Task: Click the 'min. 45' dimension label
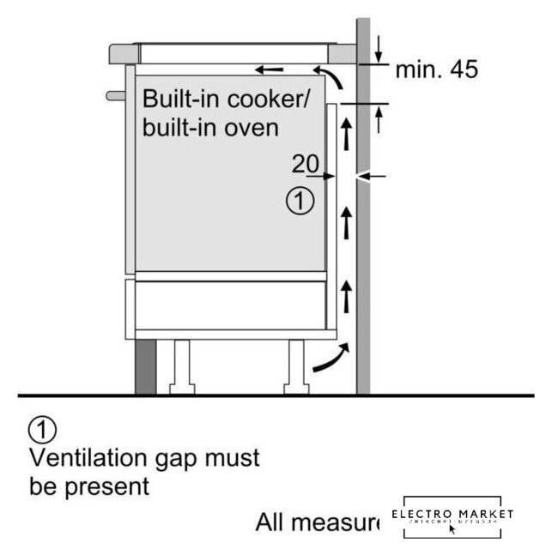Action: click(x=435, y=69)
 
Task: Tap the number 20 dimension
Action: click(x=305, y=163)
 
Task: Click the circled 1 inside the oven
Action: click(x=300, y=202)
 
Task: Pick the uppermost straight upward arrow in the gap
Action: click(x=346, y=134)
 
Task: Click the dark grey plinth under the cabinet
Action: click(x=143, y=366)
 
